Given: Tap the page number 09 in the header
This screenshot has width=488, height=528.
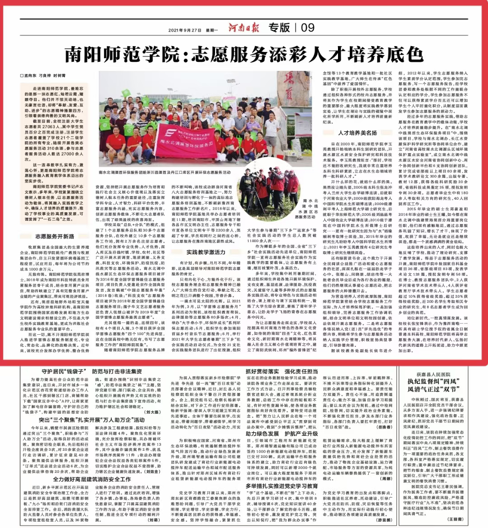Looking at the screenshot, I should point(308,28).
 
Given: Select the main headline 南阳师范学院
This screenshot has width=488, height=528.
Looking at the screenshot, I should point(244,54).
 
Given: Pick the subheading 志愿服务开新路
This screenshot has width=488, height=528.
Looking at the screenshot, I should point(55,237).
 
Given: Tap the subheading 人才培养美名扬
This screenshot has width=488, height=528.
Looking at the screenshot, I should point(357,133).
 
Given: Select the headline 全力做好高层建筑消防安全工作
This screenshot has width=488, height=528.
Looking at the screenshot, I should point(92,479).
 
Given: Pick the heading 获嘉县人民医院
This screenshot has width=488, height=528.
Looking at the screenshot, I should point(433,374).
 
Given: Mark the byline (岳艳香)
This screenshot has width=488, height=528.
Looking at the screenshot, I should point(385,426).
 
